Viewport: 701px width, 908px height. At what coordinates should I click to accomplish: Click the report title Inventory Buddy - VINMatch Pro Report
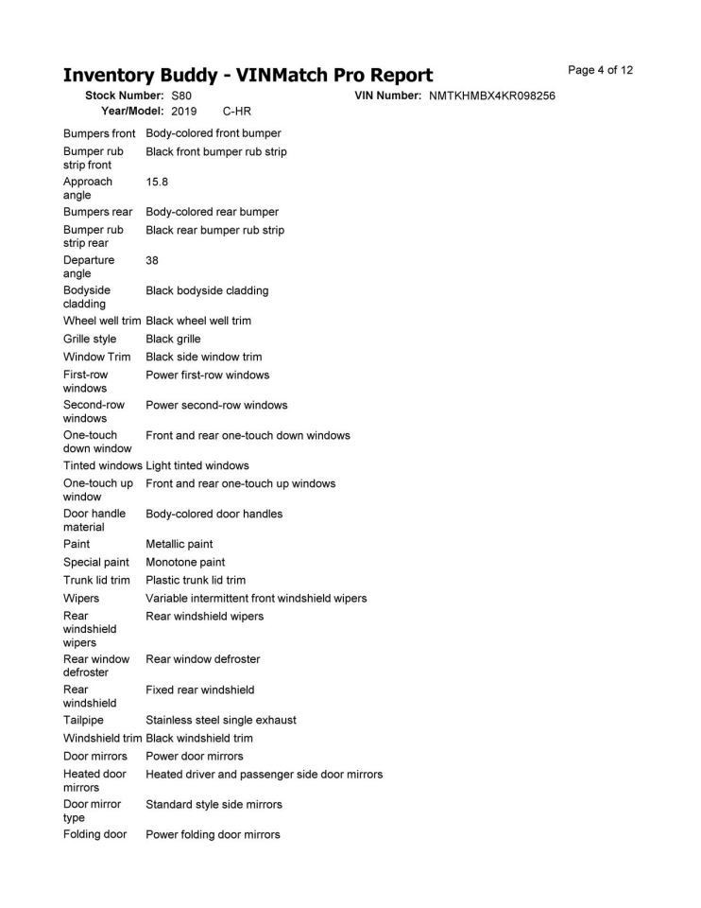coord(248,75)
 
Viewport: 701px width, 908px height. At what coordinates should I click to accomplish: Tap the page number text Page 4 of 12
coord(600,70)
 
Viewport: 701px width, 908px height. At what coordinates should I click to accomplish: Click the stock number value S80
coord(181,96)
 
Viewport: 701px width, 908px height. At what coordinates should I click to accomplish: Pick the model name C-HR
coord(236,112)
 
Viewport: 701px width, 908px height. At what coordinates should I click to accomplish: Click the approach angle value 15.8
coord(157,182)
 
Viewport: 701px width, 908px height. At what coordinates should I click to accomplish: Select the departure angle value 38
coord(152,260)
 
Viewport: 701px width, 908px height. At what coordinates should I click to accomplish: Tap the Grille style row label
coord(91,339)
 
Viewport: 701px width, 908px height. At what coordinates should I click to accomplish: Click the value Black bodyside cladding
coord(207,290)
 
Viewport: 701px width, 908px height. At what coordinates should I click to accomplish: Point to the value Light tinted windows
coord(197,465)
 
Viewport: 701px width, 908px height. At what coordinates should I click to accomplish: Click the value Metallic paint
coord(180,544)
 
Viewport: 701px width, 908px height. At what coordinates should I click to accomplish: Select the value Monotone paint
coord(185,562)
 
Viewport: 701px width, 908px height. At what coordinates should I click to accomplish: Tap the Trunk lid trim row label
coord(96,580)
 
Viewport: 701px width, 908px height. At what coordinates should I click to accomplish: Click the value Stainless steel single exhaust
coord(221,720)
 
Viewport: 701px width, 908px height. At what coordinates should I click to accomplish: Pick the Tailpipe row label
coord(82,720)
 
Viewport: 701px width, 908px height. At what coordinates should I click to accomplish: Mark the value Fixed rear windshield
coord(199,690)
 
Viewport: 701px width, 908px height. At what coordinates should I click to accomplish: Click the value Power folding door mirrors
coord(213,834)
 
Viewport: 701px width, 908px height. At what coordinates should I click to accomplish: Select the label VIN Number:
coord(387,96)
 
